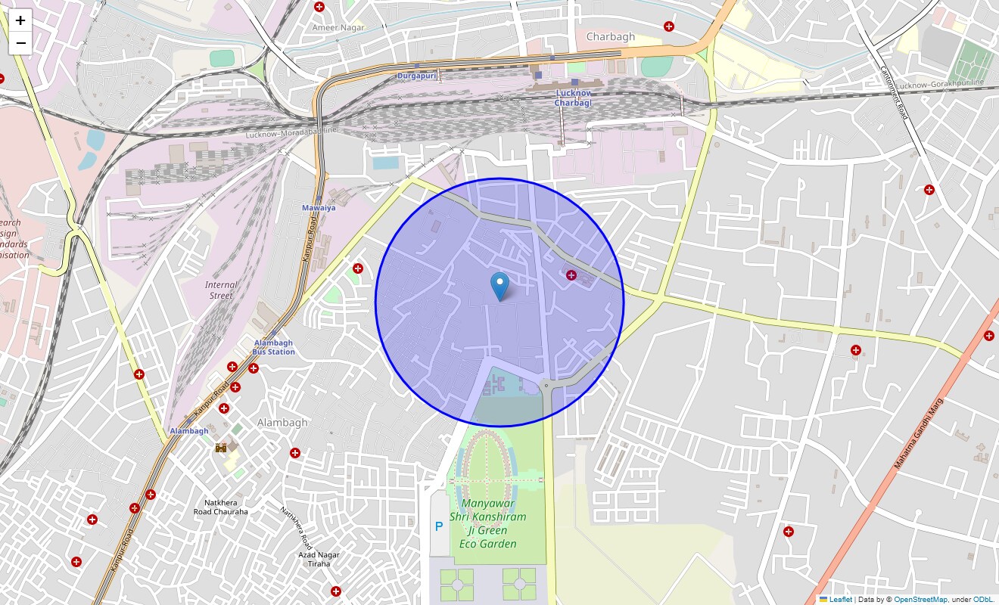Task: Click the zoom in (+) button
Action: point(20,21)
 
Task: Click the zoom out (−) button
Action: point(20,43)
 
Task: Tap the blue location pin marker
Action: point(499,286)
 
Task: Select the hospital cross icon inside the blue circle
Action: point(571,275)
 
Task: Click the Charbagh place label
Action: point(611,36)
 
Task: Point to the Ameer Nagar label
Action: point(338,27)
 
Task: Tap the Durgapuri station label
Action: point(417,76)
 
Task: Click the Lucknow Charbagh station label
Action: point(573,98)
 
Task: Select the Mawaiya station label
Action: point(319,207)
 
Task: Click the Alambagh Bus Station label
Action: point(273,347)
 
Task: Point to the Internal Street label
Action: point(221,290)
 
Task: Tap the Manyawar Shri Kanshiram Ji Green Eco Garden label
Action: point(488,523)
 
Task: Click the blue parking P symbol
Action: point(438,526)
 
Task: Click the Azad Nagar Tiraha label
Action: point(319,560)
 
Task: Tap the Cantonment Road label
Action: point(894,91)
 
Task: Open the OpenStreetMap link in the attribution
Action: point(920,600)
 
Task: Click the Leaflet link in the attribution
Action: point(840,600)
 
